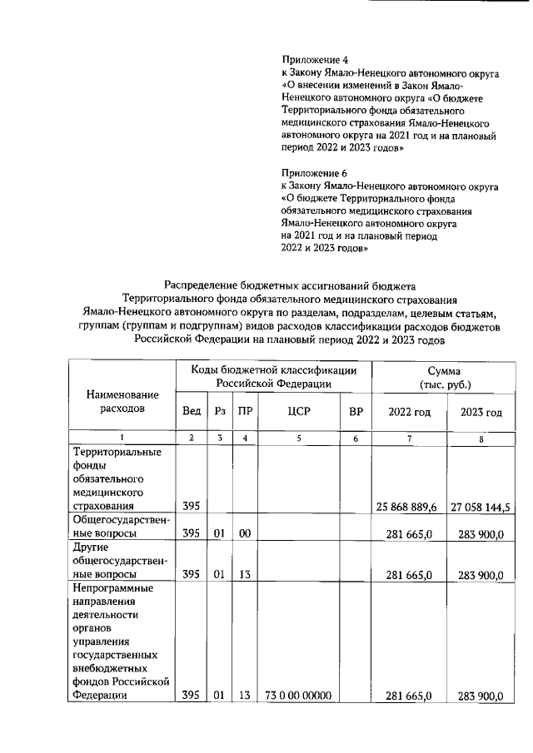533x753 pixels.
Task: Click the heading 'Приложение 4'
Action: point(315,60)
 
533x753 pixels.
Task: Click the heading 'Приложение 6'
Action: point(315,173)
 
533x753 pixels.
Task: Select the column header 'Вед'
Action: point(191,411)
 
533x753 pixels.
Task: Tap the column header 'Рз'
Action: point(220,411)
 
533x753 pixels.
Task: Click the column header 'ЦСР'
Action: point(298,411)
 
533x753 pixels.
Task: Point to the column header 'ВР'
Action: point(356,411)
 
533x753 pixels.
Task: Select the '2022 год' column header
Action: point(410,411)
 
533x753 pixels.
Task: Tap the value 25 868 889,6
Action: point(410,505)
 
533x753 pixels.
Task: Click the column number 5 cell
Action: point(298,438)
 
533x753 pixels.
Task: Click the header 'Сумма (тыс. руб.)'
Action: point(446,377)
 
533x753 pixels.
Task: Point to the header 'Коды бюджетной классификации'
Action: point(274,370)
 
